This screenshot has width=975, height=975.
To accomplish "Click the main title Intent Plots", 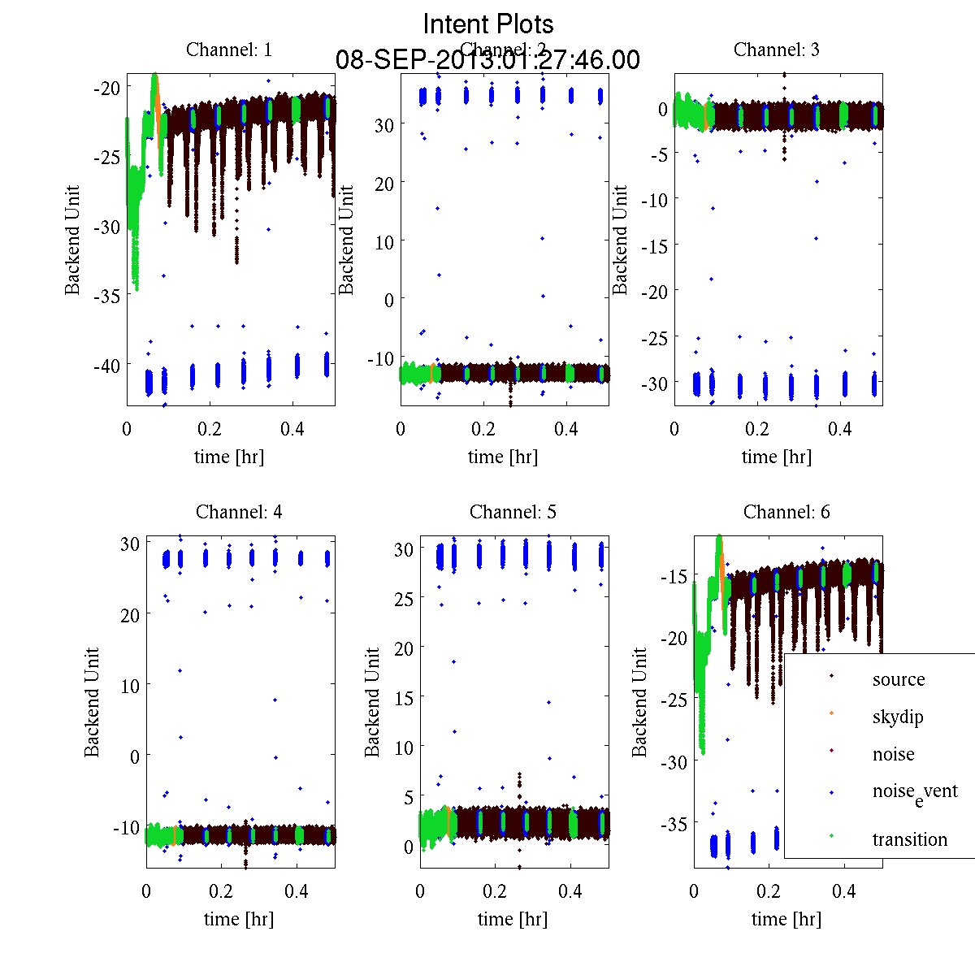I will coord(488,24).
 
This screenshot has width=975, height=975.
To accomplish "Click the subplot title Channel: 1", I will coord(229,50).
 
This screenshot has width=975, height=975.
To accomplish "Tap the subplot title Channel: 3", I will coord(777,50).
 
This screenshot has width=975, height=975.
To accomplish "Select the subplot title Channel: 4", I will coord(239,512).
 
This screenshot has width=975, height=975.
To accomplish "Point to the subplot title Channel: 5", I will coord(513,512).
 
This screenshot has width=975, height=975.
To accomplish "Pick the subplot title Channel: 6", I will coord(786,512).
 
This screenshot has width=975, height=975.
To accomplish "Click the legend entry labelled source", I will coord(898,679).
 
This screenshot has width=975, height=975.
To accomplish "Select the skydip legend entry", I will coord(898,717).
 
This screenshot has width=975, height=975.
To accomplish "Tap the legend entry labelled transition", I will coord(910,839).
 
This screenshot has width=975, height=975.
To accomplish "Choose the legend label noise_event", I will coord(915,792).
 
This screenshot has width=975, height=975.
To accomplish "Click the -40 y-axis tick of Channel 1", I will coord(107,366).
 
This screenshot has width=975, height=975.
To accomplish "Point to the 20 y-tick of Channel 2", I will coord(383,184).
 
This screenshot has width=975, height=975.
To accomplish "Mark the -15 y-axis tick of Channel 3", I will coord(655,245).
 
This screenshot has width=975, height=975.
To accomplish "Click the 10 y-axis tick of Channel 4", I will coord(128,686).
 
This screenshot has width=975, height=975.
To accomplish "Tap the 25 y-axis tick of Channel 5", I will coord(404,599).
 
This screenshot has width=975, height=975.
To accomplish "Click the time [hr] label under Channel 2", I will coord(503,457).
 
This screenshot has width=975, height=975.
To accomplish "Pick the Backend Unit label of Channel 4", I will coord(92,702).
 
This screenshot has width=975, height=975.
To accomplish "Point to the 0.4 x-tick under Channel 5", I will coord(570,891).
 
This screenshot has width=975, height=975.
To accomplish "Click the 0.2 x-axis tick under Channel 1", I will coord(210,429).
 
